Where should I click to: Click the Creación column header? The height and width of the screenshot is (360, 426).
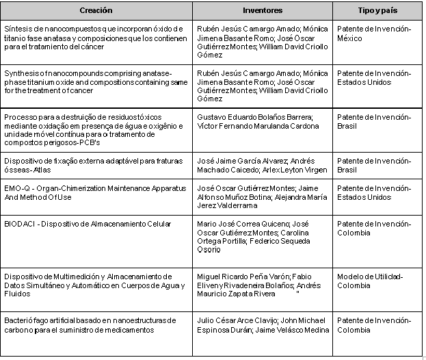click(96, 11)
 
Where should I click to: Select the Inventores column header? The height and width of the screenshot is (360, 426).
click(263, 11)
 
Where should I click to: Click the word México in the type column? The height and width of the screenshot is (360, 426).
click(351, 38)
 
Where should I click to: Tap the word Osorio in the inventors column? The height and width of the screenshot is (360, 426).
click(209, 250)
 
